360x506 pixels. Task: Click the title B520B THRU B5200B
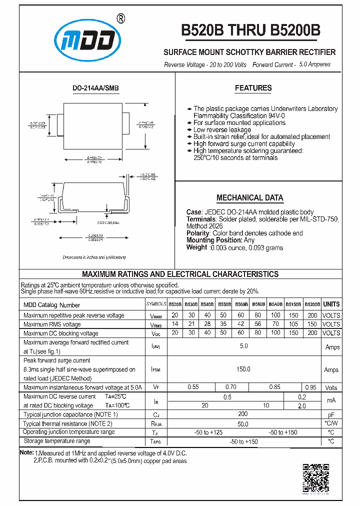pos(250,31)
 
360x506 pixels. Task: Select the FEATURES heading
pos(253,88)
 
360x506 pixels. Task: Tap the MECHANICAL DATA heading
pos(249,197)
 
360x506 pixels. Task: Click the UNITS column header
pos(331,304)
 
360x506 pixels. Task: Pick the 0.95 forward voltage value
pos(311,387)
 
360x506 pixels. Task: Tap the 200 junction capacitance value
pos(243,414)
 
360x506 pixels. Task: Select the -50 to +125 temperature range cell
pos(208,432)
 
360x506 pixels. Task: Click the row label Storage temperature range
pos(57,441)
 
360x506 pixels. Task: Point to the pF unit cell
pos(331,414)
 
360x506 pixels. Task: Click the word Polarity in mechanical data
pos(198,233)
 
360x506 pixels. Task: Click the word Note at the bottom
pos(26,452)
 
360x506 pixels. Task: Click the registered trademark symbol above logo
pos(120,18)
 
